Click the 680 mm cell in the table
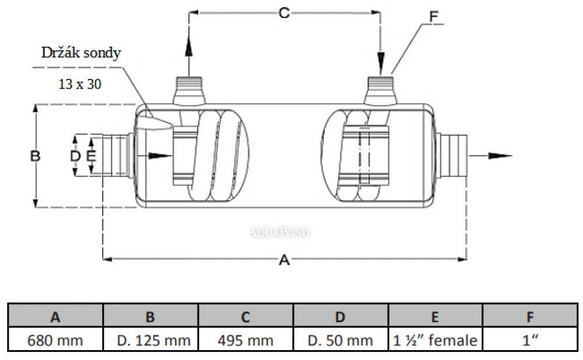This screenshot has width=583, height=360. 55,340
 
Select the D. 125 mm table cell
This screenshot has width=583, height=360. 150,340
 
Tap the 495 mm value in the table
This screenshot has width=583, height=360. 245,340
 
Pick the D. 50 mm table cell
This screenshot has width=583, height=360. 340,340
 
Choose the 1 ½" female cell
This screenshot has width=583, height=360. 435,340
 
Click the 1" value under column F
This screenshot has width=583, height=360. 529,340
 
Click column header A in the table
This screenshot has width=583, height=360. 55,317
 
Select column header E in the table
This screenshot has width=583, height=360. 435,317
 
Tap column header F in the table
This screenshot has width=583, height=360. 529,317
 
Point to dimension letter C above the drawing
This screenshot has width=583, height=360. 284,13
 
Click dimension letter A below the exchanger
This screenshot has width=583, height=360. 284,260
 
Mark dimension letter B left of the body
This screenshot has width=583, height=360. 35,156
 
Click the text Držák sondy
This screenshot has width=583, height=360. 81,53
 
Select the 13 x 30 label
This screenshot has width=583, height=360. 80,84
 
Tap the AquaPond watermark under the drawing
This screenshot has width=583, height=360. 280,232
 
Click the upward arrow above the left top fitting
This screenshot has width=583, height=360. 189,47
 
